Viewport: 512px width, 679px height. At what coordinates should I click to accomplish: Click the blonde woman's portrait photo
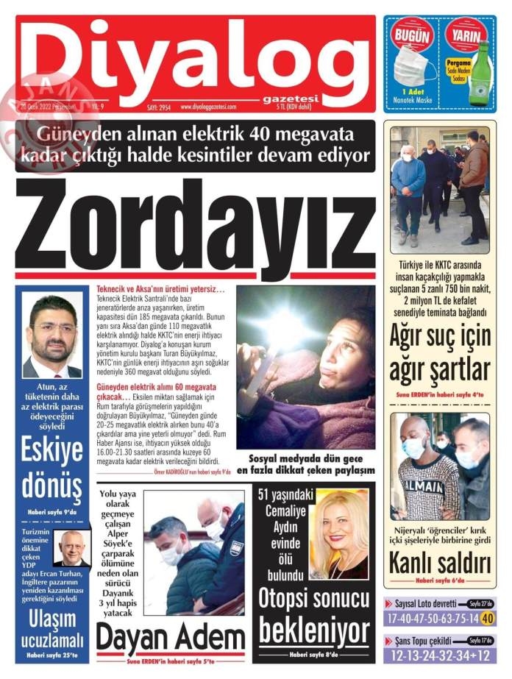coord(339,533)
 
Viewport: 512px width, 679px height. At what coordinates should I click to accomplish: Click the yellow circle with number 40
coord(487,619)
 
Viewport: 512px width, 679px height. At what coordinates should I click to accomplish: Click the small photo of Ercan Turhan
coord(72,548)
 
